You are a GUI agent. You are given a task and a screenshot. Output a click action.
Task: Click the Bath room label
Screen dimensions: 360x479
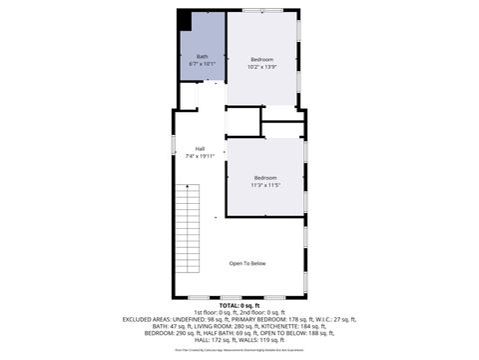tap(203, 56)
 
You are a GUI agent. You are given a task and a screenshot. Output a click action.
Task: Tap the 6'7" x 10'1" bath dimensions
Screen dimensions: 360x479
tap(203, 64)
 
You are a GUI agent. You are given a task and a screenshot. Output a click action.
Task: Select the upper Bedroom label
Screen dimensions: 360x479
tap(262, 60)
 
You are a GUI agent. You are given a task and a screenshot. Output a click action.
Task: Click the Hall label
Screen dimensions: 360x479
tap(200, 148)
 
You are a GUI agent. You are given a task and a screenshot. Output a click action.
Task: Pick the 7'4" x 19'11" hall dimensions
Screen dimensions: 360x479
tap(200, 156)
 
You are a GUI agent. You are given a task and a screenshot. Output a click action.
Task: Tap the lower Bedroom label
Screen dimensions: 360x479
tap(264, 177)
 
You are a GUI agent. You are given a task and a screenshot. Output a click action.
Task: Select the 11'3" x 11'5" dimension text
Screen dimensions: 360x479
tap(264, 185)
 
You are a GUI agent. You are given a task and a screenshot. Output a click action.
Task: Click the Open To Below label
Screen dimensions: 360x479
tap(247, 263)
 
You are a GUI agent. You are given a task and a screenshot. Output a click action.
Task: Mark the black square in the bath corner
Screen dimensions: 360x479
tap(185, 20)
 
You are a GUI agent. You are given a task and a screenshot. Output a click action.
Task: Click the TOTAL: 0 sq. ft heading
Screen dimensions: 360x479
tap(239, 305)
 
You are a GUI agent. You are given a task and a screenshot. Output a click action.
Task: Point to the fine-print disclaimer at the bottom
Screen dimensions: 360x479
tap(239, 350)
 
